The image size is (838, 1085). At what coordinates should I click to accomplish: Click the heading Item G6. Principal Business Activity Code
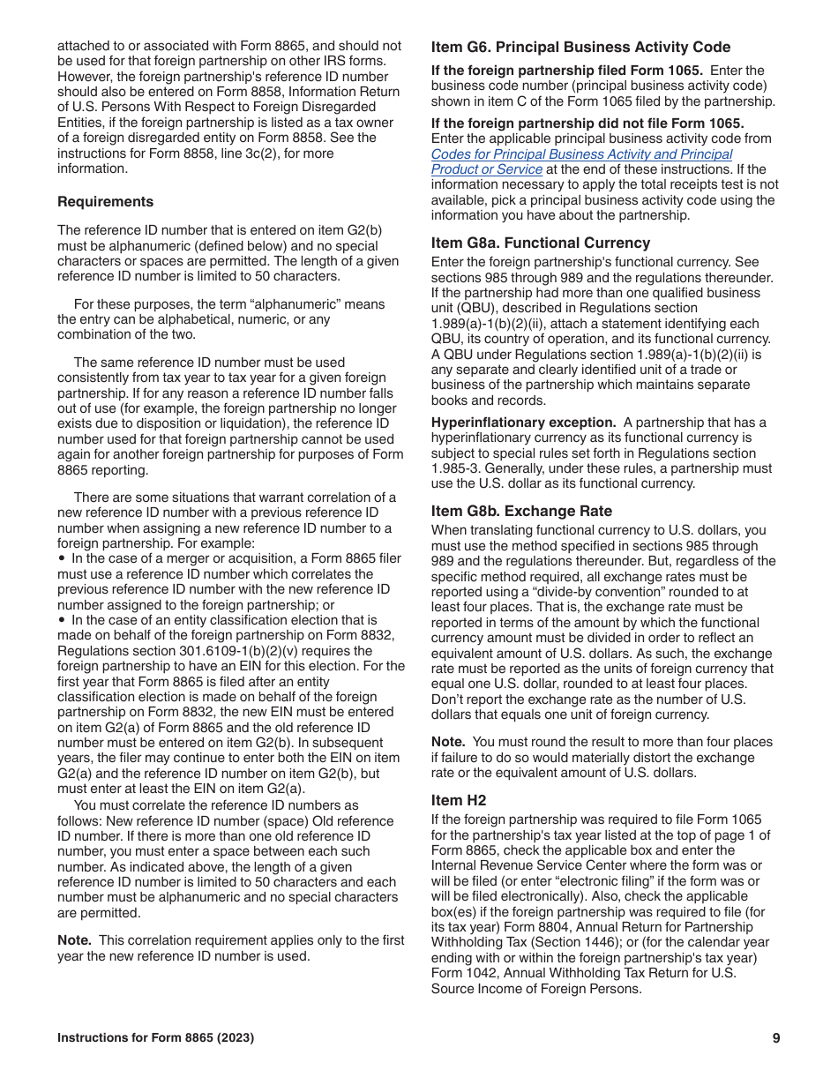click(x=580, y=48)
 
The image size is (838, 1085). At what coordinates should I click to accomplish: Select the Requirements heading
click(x=105, y=201)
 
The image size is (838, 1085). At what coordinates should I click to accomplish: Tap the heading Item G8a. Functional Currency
click(x=540, y=243)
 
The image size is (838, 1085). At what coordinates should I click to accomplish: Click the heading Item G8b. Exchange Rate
click(x=520, y=511)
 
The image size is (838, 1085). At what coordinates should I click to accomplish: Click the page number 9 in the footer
click(x=776, y=1038)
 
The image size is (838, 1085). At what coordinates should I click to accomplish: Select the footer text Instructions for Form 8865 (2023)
click(x=155, y=1038)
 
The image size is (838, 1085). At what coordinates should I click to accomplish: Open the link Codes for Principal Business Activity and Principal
click(x=581, y=154)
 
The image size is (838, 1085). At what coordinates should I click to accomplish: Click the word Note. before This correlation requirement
click(x=73, y=940)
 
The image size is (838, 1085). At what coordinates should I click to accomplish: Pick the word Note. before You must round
click(x=447, y=742)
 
